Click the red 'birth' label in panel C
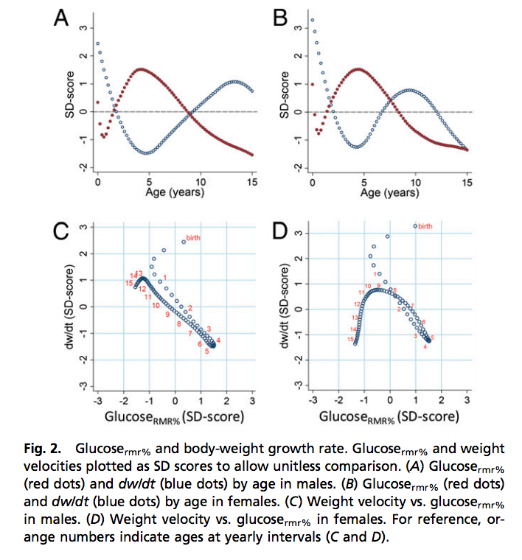coord(193,238)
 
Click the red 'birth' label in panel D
coord(425,226)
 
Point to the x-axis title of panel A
coord(174,194)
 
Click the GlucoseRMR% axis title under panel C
coord(174,417)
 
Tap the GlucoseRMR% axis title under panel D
coord(389,417)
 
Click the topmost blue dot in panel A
coord(97,43)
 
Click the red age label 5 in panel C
coord(206,351)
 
